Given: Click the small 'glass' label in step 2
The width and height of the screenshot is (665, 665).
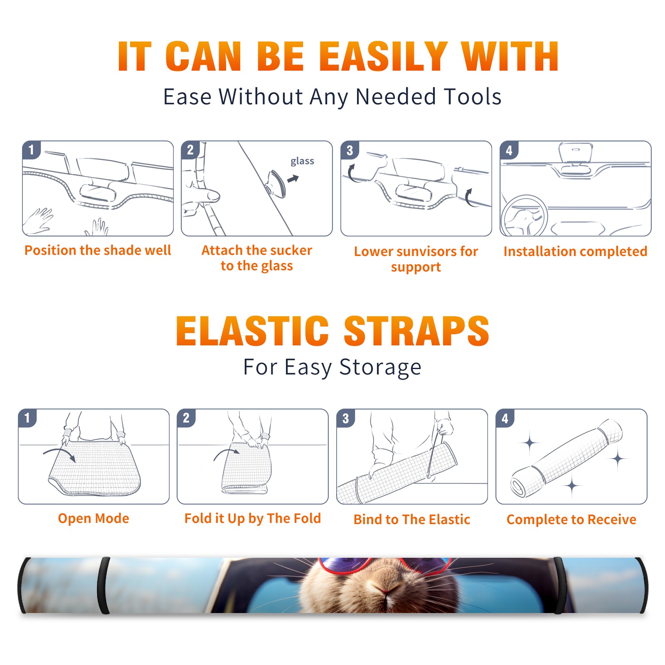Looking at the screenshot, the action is pos(302,161).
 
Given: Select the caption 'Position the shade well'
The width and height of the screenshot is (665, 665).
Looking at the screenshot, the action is pos(98,250).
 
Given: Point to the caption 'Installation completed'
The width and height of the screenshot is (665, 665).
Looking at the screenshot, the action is pos(575,251).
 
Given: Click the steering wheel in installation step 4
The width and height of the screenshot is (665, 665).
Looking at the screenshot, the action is pos(524,216).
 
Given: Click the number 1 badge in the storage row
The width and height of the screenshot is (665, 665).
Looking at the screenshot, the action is pos(27,418).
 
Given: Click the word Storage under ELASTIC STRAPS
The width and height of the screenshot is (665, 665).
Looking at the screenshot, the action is pos(380,367).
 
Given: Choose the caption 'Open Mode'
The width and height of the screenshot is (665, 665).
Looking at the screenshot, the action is pos(94,518).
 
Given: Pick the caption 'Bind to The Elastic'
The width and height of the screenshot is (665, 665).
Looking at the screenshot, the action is pos(412,520).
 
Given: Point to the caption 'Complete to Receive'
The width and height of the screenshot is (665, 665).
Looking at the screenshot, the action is pos(571,520).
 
